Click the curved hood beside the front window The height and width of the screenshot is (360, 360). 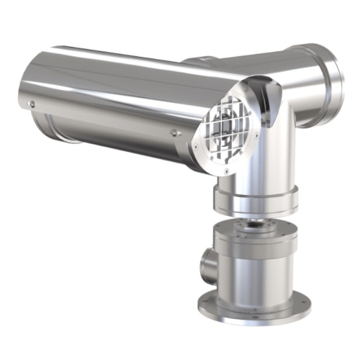click(x=269, y=108)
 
